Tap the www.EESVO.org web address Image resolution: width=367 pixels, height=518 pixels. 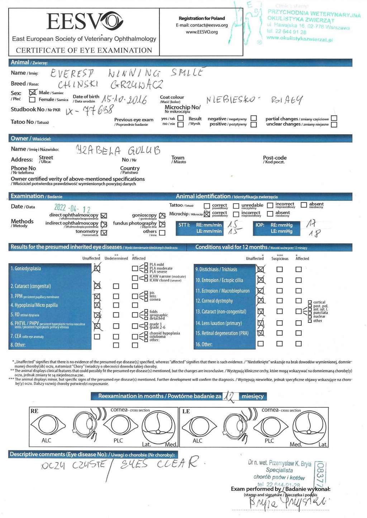[x=202, y=32]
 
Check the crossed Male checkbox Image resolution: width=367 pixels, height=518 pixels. [x=33, y=93]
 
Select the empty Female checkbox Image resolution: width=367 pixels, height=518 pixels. [x=32, y=100]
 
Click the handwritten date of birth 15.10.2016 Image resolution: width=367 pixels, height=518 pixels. [x=124, y=99]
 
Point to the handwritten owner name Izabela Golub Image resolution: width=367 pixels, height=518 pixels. [x=118, y=150]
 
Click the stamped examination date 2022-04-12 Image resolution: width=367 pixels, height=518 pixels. [x=72, y=208]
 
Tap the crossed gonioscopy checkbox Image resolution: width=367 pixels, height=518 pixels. [x=162, y=216]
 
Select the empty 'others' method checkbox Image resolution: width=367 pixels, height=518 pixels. [x=162, y=233]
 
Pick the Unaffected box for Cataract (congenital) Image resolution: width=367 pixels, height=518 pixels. [x=97, y=286]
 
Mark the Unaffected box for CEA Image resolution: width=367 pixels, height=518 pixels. [x=97, y=337]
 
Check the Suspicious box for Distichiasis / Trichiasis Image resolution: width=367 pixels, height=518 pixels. [x=280, y=269]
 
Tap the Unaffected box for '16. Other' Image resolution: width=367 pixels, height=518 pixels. [x=261, y=344]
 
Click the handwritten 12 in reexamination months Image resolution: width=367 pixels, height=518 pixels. [x=229, y=396]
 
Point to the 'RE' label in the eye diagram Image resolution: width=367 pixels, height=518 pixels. [x=34, y=411]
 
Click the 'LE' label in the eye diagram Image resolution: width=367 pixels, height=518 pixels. [x=186, y=411]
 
